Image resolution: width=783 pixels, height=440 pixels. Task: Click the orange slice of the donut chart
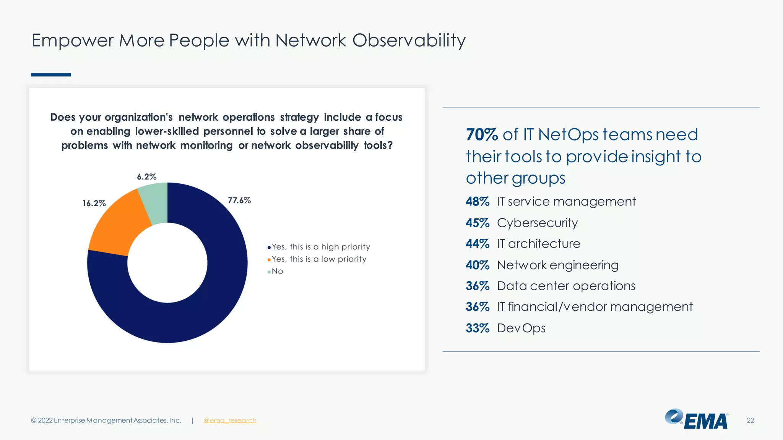click(x=117, y=225)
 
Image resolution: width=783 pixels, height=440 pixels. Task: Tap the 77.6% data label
click(x=239, y=201)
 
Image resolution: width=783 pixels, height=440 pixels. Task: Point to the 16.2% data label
click(x=94, y=203)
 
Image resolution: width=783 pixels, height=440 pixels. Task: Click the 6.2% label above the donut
click(x=147, y=177)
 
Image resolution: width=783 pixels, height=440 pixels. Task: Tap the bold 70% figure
click(x=482, y=135)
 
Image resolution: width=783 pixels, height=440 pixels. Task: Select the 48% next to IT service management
click(x=478, y=202)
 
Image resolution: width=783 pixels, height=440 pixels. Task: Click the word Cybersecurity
click(x=537, y=223)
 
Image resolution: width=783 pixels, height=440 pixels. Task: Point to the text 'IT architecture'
click(x=538, y=244)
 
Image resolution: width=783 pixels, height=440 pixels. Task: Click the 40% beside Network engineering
click(x=478, y=265)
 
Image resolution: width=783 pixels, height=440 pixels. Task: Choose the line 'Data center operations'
click(x=566, y=286)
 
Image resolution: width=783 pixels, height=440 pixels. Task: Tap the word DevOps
click(x=521, y=328)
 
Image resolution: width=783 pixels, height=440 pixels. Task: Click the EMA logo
click(x=697, y=419)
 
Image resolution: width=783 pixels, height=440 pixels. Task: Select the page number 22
click(x=750, y=421)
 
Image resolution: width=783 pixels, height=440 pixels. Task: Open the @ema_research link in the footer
click(x=230, y=421)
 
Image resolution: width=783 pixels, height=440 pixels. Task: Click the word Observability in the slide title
click(x=409, y=40)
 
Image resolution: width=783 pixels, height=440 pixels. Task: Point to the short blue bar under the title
click(x=51, y=75)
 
